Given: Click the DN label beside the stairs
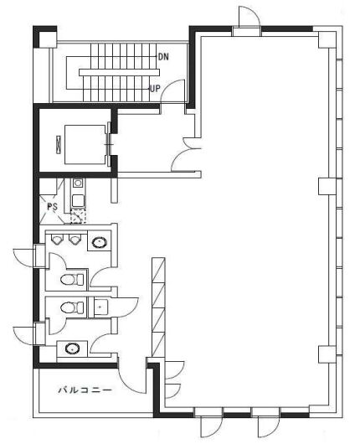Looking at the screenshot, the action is point(163,57).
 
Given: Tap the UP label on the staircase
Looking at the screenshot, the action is point(155,89).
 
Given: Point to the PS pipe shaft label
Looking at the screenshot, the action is point(52,207).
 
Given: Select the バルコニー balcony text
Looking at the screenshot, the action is point(85,390).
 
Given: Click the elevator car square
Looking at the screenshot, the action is point(85,144).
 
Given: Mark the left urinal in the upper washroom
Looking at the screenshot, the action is point(57,240).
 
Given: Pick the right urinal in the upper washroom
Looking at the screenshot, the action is point(74,240).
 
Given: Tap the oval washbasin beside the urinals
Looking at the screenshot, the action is point(100,242).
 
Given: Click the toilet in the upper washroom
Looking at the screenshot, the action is point(72,280).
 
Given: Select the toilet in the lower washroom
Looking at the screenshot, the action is point(72,307).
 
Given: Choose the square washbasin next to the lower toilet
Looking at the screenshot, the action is point(100,307).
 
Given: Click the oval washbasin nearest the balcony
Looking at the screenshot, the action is point(72,348).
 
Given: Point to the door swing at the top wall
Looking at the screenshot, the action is point(249,17).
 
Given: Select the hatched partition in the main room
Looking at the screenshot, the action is point(158,307).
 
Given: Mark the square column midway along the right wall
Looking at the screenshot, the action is point(327,186).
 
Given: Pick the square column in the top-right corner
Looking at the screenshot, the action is point(327,39).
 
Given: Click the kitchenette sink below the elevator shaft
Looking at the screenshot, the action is point(78,183).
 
